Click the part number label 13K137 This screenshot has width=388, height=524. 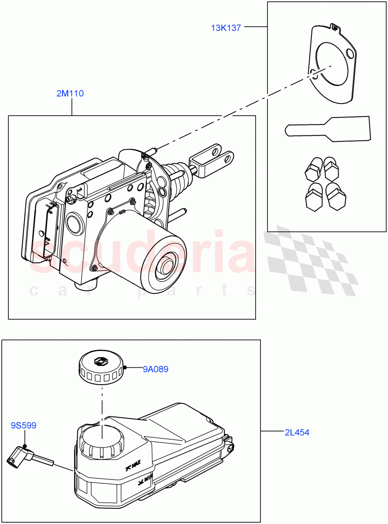(x=226, y=28)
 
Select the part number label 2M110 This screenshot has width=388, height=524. (x=70, y=93)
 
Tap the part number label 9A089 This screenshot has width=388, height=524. (x=155, y=369)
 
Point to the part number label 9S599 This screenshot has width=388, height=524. (x=24, y=425)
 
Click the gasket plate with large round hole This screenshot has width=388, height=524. (x=333, y=65)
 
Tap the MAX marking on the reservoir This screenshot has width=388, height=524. (x=133, y=467)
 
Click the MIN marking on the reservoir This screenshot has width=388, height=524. (x=144, y=483)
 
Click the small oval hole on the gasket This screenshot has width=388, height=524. (x=312, y=73)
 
